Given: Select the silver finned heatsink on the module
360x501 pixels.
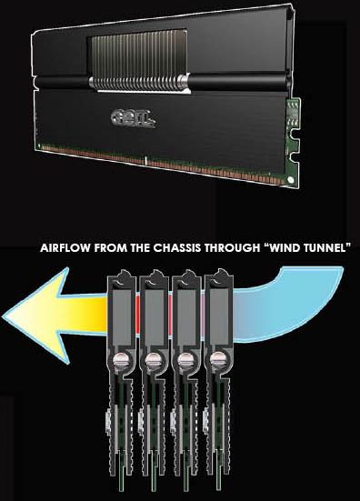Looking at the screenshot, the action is (140, 61).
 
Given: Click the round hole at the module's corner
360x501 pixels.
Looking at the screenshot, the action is (290, 179).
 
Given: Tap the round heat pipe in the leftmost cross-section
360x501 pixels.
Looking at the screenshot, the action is (119, 359).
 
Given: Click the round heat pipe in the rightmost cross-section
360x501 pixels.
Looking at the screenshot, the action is (217, 359).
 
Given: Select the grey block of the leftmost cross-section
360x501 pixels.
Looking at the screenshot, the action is (121, 317).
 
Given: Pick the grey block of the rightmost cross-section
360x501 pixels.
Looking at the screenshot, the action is (219, 317).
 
